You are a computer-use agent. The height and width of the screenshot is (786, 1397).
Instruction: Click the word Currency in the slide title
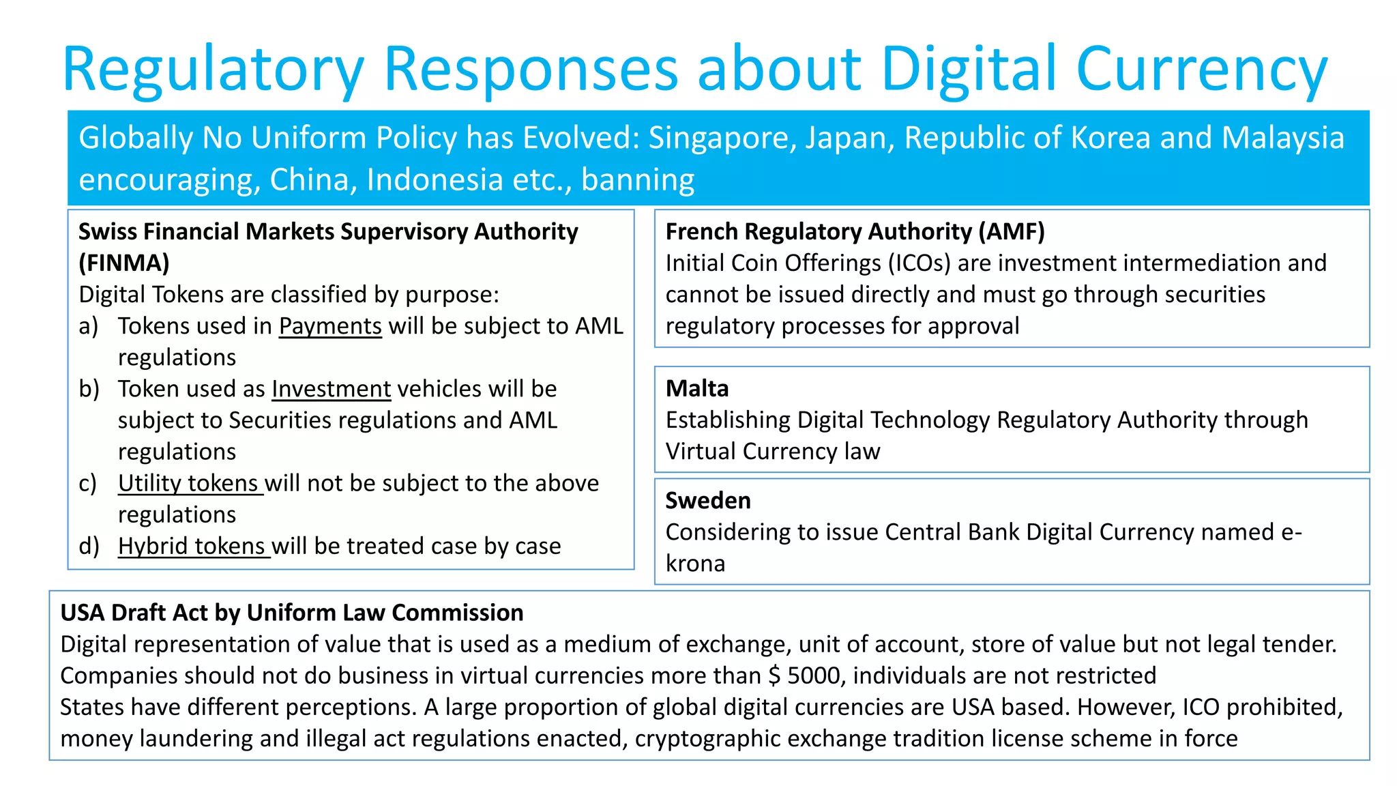1201,70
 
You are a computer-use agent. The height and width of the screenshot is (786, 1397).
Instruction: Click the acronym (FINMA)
123,263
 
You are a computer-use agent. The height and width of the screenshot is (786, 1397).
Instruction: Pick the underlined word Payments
330,326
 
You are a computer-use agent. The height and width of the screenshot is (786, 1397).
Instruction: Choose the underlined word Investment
331,389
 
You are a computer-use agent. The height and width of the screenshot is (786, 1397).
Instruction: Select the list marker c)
88,483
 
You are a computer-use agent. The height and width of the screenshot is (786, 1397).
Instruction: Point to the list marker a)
89,326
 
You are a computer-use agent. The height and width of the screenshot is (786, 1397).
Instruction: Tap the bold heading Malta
697,389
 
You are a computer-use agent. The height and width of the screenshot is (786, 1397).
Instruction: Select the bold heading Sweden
708,501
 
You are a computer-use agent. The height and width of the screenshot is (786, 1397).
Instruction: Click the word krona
695,564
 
